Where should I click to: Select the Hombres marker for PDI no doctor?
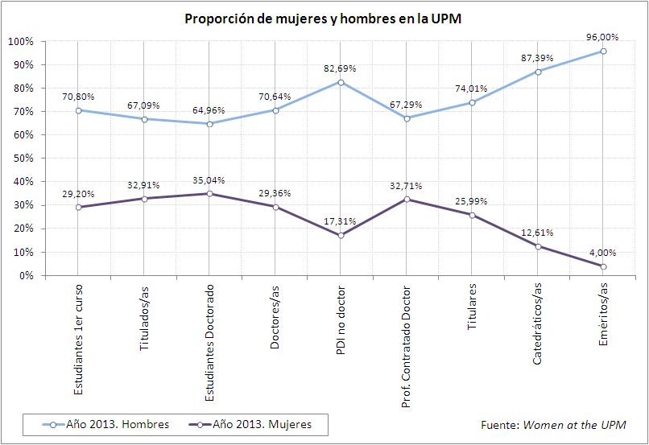coord(341,82)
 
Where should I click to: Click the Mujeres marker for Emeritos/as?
coord(603,266)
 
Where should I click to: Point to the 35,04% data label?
coord(210,179)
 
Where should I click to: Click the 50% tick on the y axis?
coord(22,159)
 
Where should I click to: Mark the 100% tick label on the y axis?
coord(19,41)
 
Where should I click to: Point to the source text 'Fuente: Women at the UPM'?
coord(552,424)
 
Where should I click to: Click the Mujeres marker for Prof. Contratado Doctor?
coord(407,199)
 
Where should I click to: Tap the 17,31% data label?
coord(341,221)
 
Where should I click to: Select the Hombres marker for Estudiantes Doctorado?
coord(209,124)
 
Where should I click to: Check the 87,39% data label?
coord(537,57)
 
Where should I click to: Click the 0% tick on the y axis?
coord(26,276)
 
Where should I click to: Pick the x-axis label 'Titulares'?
coord(472,303)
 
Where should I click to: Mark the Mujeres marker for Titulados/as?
coord(144,199)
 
